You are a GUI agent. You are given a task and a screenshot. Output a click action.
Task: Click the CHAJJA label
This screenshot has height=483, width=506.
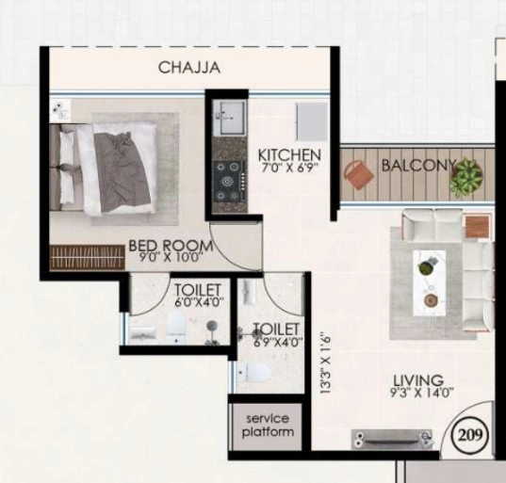coord(189,68)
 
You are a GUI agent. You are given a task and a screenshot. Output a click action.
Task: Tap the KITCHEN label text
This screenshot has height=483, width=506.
coord(290,154)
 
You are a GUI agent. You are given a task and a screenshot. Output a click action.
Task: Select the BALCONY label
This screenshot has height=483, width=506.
coord(417,166)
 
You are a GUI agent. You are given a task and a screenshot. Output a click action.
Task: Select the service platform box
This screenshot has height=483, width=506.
coord(269,426)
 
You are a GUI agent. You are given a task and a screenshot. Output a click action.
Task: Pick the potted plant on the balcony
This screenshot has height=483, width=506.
coord(465,176)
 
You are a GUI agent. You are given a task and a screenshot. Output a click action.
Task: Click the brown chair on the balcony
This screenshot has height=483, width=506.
coord(357,174)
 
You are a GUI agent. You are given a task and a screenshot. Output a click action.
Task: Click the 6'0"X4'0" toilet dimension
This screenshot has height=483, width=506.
coord(197,302)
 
